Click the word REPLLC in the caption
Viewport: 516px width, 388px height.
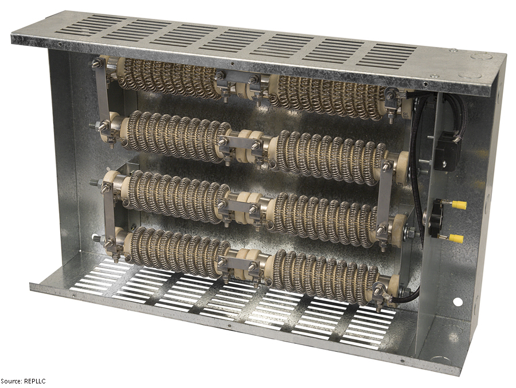click(x=34, y=381)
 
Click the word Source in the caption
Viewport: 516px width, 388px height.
click(x=11, y=381)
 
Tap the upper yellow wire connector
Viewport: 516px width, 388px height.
click(x=459, y=205)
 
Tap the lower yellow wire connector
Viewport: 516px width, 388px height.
click(x=456, y=238)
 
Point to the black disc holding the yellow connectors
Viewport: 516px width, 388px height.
click(x=436, y=218)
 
